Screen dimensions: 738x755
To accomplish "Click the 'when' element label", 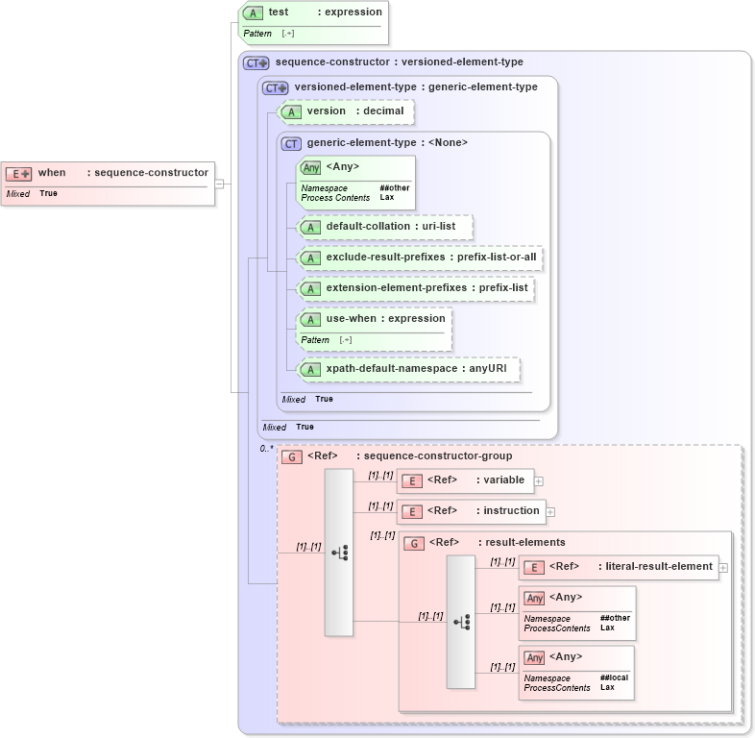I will (52, 173).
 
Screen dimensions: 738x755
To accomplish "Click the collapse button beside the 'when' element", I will (220, 184).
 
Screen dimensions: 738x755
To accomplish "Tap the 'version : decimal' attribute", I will (347, 111).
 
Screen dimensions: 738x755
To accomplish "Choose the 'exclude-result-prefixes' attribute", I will (420, 258).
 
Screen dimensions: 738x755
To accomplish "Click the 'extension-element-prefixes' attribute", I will (415, 288).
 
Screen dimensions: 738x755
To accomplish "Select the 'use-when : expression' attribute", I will (375, 319).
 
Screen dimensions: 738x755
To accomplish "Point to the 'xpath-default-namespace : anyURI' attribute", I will (409, 369).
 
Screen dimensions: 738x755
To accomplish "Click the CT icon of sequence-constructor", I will (256, 62).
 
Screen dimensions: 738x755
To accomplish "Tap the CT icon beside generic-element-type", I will (291, 143).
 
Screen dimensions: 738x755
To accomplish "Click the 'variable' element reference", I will (466, 480).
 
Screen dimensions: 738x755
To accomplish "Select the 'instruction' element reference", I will (472, 511).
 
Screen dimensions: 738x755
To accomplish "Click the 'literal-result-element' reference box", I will (620, 567).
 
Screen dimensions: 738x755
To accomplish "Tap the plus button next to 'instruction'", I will (550, 512).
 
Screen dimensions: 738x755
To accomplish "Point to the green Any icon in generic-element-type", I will (310, 167).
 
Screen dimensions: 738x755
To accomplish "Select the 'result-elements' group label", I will (524, 543).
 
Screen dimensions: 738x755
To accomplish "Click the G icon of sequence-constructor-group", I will (291, 456).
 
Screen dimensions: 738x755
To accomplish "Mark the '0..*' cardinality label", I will (267, 448).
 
